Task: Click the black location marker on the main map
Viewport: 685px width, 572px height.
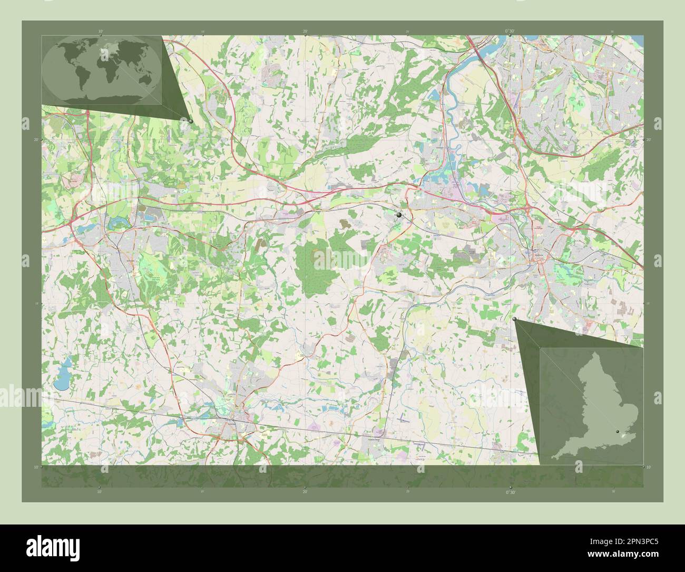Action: (399, 215)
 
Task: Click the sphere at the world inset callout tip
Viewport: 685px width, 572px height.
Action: (190, 121)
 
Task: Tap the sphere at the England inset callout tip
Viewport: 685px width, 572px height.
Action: (514, 319)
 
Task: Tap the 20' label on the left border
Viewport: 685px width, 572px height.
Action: (36, 140)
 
